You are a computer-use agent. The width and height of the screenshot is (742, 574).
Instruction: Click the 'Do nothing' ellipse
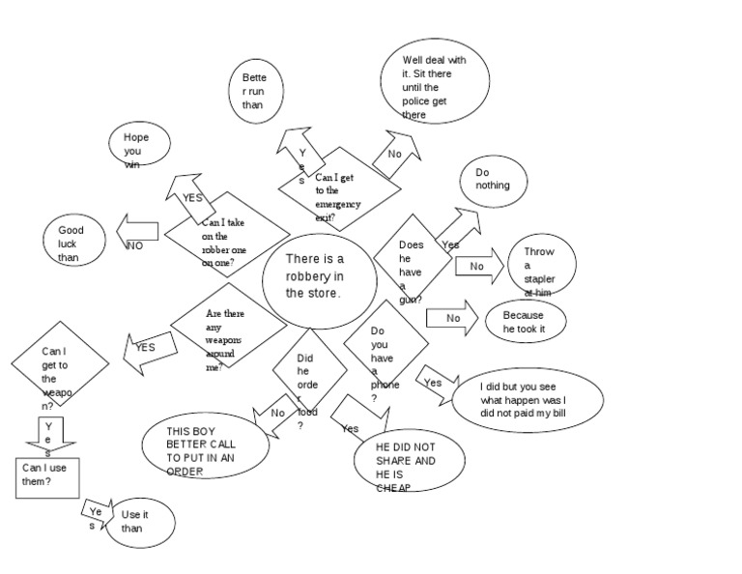(x=496, y=179)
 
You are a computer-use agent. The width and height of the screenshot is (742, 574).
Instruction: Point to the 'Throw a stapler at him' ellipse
(x=541, y=265)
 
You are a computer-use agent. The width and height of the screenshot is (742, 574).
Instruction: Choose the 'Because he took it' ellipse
(x=526, y=323)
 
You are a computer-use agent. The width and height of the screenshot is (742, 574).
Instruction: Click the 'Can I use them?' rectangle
(x=47, y=477)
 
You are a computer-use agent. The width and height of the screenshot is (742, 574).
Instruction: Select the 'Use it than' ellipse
(x=139, y=523)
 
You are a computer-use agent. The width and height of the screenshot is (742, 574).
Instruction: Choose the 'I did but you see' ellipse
(x=528, y=397)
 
